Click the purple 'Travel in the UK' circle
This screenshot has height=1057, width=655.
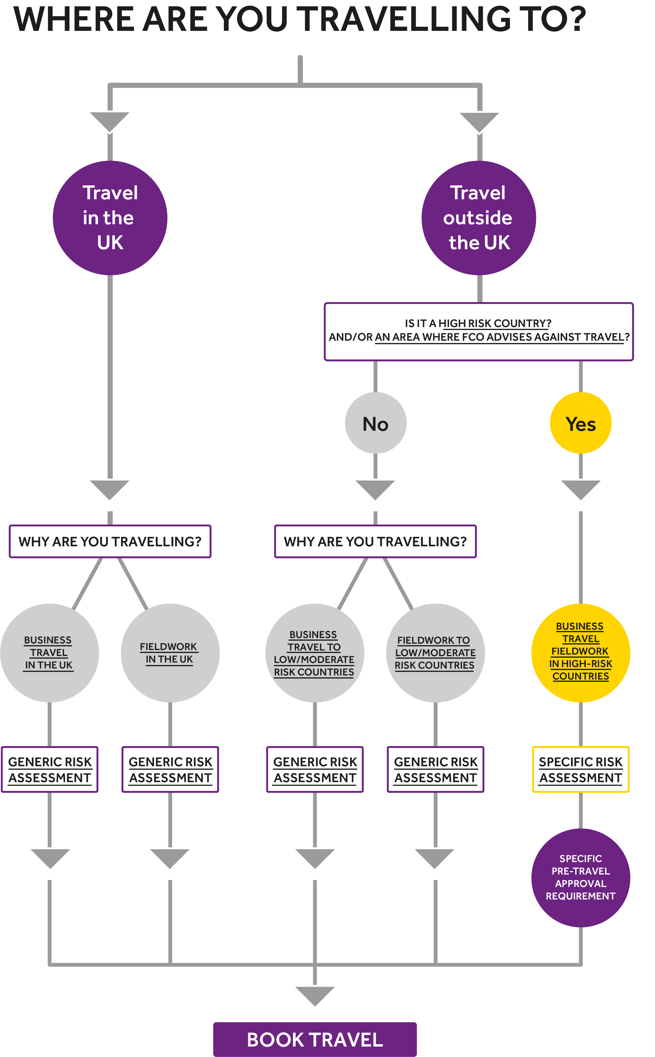(x=110, y=218)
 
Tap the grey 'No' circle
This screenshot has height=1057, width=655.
(x=376, y=423)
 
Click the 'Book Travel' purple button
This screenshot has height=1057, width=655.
(x=315, y=1039)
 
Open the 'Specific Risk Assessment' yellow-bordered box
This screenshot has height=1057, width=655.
(x=581, y=769)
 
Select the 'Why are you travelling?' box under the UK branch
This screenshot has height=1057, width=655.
(x=110, y=541)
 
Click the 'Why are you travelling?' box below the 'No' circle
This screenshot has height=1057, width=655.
(x=376, y=541)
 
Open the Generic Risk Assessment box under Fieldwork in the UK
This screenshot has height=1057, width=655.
(x=170, y=769)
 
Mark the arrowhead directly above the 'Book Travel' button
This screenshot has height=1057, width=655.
(x=315, y=995)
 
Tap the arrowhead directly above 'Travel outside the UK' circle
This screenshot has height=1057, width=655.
(x=479, y=121)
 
